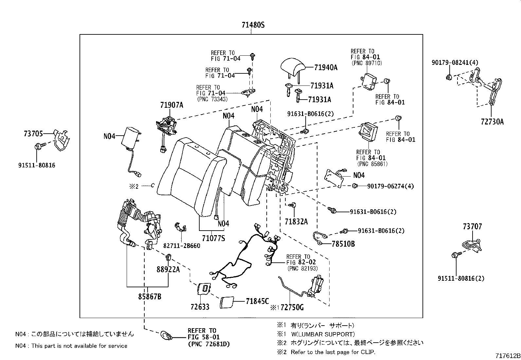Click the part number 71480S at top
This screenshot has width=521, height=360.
[x=253, y=25]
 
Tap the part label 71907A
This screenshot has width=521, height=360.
[x=171, y=105]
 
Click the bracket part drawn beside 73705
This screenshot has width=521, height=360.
[x=61, y=140]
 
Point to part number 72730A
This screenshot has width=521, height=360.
[x=492, y=122]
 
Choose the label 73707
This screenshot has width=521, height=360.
[x=472, y=226]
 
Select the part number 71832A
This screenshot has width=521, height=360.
[x=296, y=222]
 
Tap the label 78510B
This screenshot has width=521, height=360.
[x=343, y=244]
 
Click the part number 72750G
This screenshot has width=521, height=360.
[x=292, y=307]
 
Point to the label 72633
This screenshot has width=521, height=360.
[x=200, y=307]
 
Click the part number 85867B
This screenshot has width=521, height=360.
[x=150, y=297]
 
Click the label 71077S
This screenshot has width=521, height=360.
[x=213, y=238]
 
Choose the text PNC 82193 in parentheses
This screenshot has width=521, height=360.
[x=302, y=268]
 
